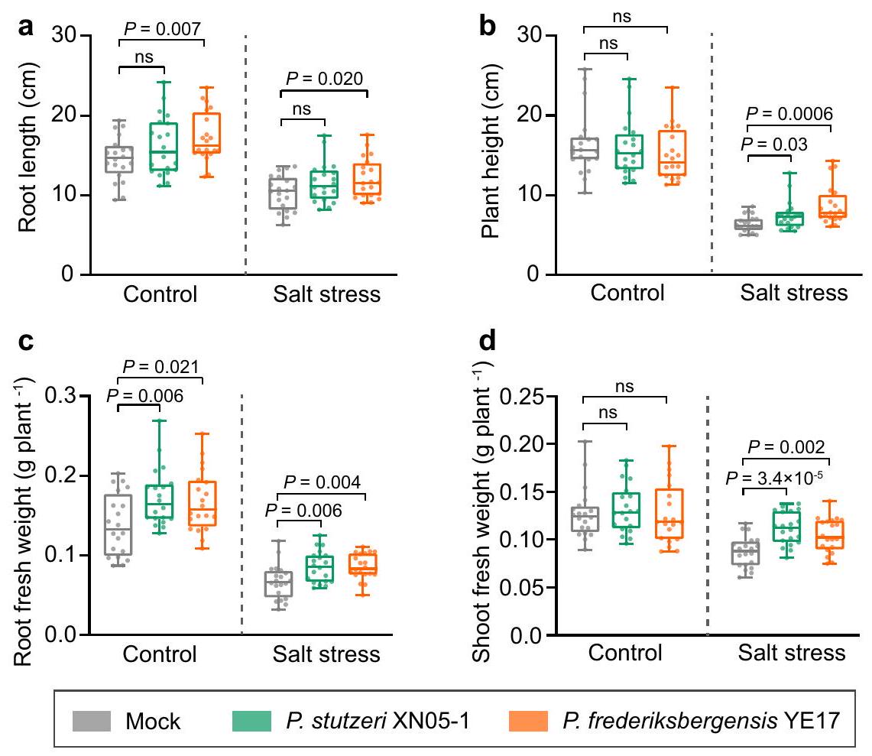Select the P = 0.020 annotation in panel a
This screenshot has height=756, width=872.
[x=323, y=79]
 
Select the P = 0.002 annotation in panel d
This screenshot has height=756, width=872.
[x=788, y=448]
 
